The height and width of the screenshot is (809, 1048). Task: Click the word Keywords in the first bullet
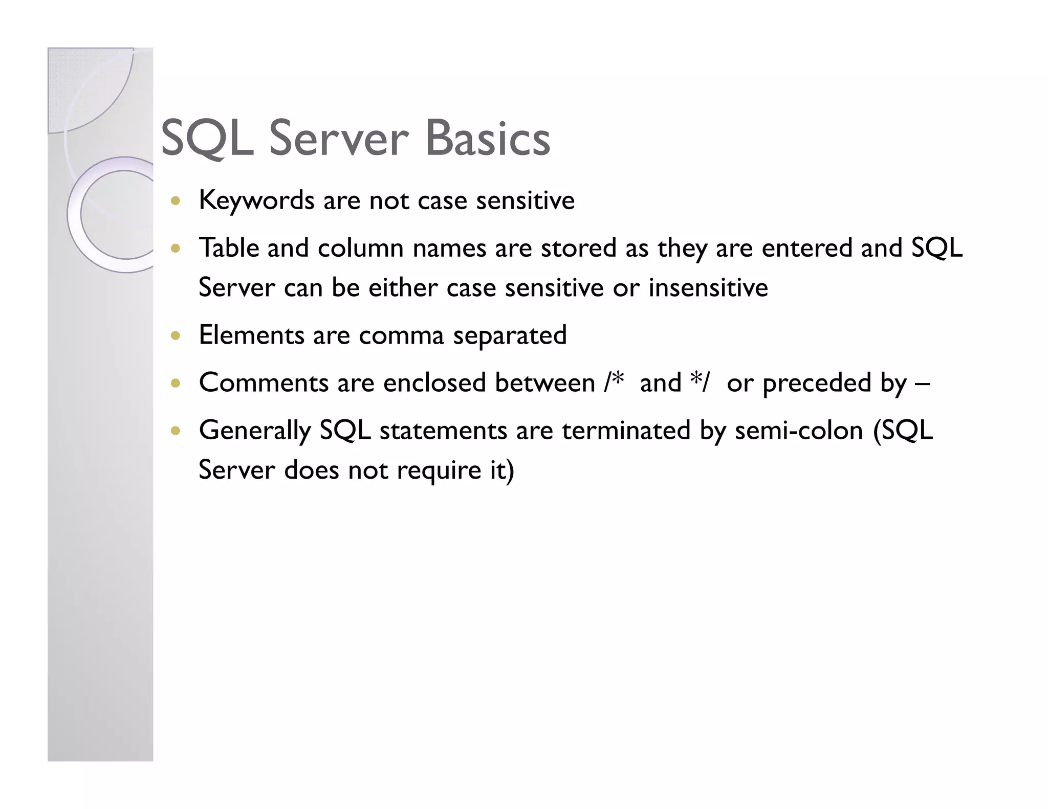[256, 200]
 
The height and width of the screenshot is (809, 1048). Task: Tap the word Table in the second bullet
[228, 248]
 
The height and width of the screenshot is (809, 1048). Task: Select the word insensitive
[708, 287]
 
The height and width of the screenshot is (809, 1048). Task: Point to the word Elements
[251, 335]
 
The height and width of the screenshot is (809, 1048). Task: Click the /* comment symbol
[614, 381]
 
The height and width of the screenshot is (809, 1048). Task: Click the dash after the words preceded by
[922, 384]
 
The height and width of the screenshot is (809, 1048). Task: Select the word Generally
[254, 431]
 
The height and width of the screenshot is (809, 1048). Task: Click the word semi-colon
[799, 431]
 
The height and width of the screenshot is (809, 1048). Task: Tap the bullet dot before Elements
[176, 336]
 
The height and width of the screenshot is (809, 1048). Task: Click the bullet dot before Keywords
[176, 200]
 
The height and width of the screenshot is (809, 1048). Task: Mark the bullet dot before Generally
[176, 431]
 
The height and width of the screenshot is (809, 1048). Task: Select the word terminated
[626, 431]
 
